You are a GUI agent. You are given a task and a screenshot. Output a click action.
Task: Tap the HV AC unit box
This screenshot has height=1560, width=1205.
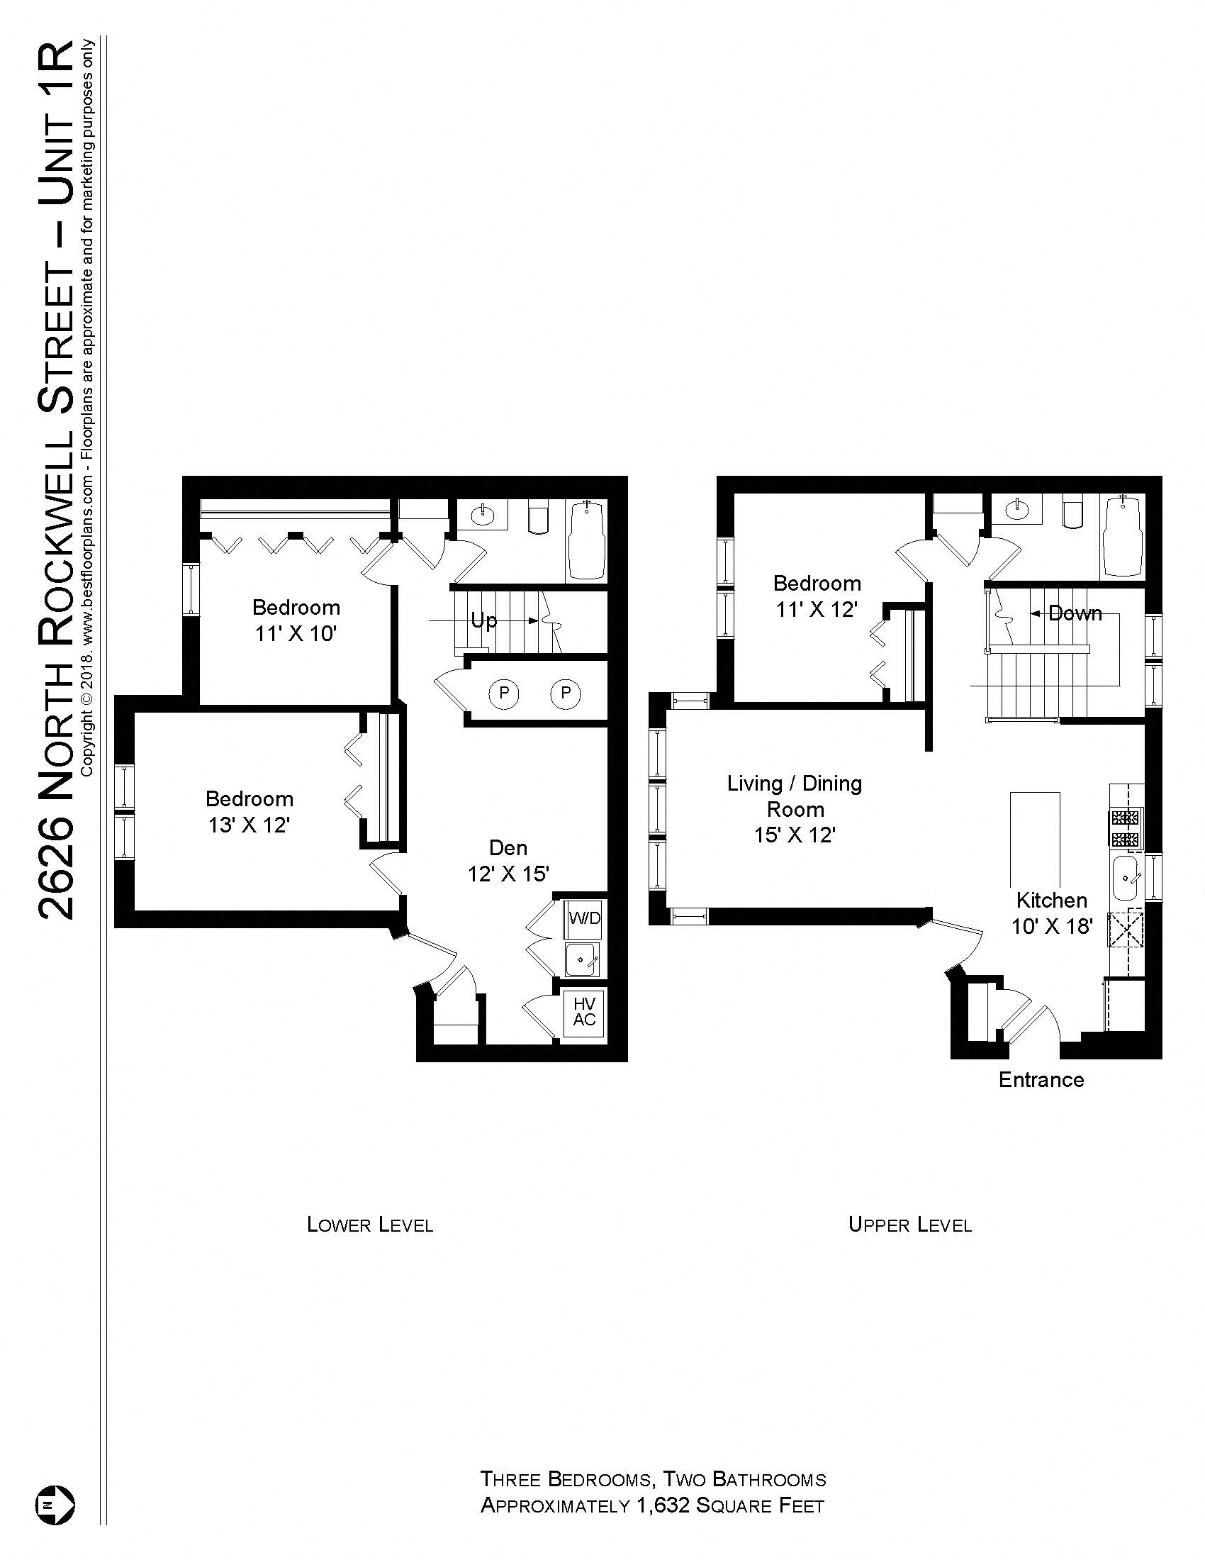point(584,1012)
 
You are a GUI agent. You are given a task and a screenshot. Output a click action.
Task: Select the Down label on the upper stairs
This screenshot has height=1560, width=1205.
point(1075,613)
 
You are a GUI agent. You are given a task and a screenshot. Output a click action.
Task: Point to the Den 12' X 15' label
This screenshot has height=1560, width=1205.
point(508,860)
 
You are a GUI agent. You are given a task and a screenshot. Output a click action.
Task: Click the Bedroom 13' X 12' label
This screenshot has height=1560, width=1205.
point(249,811)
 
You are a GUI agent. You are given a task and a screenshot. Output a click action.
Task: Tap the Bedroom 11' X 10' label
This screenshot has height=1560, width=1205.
point(296,620)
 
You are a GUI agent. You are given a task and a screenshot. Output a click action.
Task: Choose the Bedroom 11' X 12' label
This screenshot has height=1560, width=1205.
point(817,596)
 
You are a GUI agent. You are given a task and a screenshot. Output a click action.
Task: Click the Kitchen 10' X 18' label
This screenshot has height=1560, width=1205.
point(1051,913)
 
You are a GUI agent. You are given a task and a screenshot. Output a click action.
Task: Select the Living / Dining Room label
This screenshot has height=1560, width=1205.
point(795,808)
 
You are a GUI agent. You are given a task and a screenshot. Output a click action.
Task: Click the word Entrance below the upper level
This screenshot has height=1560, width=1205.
point(1041,1079)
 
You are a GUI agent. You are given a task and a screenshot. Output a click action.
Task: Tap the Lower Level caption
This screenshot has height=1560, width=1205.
point(370,1225)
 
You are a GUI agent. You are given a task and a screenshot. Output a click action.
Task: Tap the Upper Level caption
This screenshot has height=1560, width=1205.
point(909,1225)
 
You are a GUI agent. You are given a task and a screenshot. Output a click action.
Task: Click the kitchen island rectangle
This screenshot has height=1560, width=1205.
point(1034,836)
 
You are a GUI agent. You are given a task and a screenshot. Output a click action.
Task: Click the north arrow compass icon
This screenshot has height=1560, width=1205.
point(55,1504)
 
